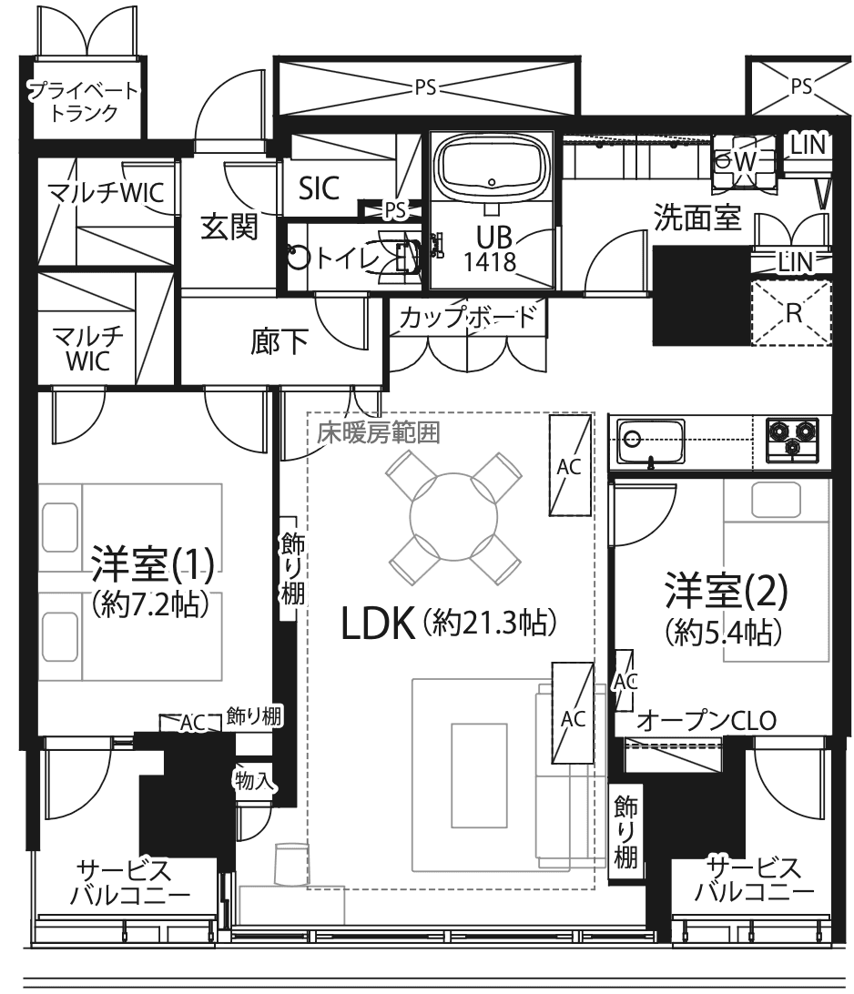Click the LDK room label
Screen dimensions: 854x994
pyautogui.click(x=378, y=624)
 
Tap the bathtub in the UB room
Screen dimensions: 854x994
pyautogui.click(x=492, y=167)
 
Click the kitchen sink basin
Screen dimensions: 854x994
pyautogui.click(x=650, y=441)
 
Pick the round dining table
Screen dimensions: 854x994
pyautogui.click(x=454, y=517)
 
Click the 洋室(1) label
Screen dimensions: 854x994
pyautogui.click(x=153, y=563)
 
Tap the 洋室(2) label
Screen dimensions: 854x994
pyautogui.click(x=727, y=590)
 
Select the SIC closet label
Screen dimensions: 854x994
pyautogui.click(x=319, y=188)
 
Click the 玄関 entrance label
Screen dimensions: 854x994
pyautogui.click(x=229, y=227)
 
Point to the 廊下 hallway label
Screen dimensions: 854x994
pyautogui.click(x=280, y=341)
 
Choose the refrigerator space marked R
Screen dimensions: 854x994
pyautogui.click(x=792, y=313)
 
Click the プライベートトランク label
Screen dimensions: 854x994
pyautogui.click(x=85, y=101)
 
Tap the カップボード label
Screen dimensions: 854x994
pyautogui.click(x=468, y=317)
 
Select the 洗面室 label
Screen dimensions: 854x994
pyautogui.click(x=697, y=218)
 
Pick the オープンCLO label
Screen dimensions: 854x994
pyautogui.click(x=707, y=721)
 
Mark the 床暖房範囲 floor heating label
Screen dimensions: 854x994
pyautogui.click(x=379, y=433)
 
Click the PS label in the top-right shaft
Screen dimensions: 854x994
pyautogui.click(x=801, y=86)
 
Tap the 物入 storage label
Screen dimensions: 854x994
pyautogui.click(x=254, y=780)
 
